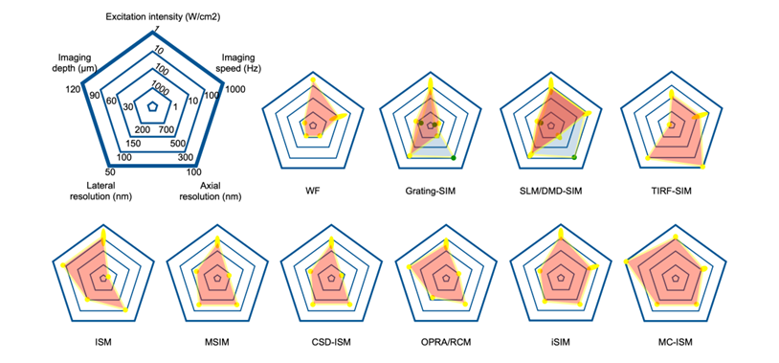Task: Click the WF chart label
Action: [x=313, y=190]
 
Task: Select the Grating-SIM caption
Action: [x=431, y=190]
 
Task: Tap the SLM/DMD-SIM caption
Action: [x=551, y=190]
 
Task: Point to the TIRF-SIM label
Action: [x=672, y=190]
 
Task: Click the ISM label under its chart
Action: [x=102, y=342]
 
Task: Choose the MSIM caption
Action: [x=216, y=342]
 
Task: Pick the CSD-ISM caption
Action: [x=331, y=342]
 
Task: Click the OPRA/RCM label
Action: [x=446, y=342]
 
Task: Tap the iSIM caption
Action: [x=561, y=342]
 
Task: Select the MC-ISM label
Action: [x=675, y=342]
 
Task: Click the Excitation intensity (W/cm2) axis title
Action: [x=163, y=17]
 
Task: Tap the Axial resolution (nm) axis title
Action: [x=213, y=191]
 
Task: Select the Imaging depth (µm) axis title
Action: [x=77, y=62]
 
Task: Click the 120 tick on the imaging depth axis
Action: [x=72, y=89]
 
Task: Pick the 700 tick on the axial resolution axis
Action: [x=166, y=130]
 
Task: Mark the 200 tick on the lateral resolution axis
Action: [x=142, y=130]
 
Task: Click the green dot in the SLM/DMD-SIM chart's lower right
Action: [x=574, y=157]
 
